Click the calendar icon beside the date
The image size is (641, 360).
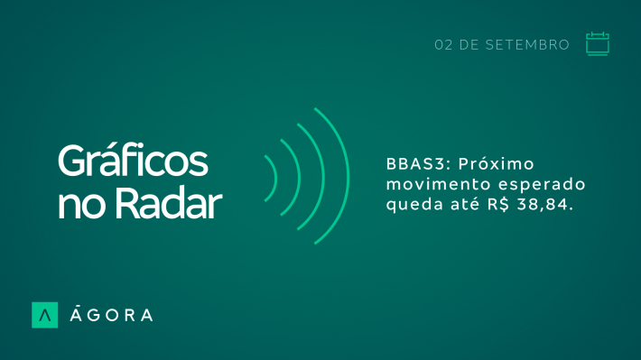pyautogui.click(x=598, y=43)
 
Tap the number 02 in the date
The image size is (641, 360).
pyautogui.click(x=443, y=45)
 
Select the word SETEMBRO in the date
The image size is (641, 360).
pyautogui.click(x=527, y=45)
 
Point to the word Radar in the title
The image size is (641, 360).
pyautogui.click(x=168, y=204)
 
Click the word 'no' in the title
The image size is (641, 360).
pyautogui.click(x=82, y=207)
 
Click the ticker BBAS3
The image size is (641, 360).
pyautogui.click(x=416, y=164)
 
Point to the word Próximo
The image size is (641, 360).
pyautogui.click(x=496, y=164)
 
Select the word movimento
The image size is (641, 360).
pyautogui.click(x=438, y=184)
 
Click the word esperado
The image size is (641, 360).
pyautogui.click(x=542, y=185)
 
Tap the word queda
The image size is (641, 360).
pyautogui.click(x=414, y=205)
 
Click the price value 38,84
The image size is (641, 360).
pyautogui.click(x=543, y=205)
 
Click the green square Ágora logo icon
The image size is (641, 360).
pyautogui.click(x=44, y=315)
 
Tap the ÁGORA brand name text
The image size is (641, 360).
pyautogui.click(x=111, y=315)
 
